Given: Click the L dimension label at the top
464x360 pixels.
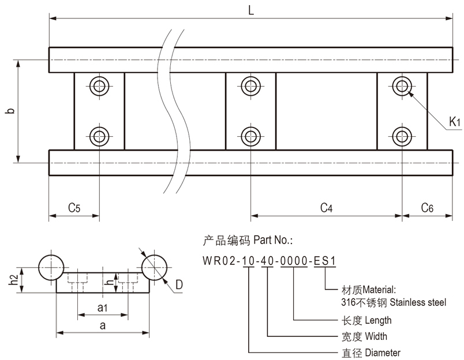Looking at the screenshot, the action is pos(251,10).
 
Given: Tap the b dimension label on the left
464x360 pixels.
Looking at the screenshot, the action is pos(10,111).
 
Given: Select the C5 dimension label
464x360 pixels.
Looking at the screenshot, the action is pos(74,208).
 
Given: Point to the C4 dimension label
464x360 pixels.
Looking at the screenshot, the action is pos(327,208).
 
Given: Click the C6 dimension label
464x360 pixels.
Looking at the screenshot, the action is pos(427,208).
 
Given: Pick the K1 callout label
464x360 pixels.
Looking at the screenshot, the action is pos(455,122).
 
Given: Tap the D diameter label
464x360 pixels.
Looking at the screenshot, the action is pos(179,284).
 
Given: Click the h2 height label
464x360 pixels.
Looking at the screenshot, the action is pos(13,280).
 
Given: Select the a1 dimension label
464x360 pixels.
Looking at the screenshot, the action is pos(102,308).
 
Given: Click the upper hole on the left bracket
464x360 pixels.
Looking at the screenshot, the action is pos(99,87).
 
